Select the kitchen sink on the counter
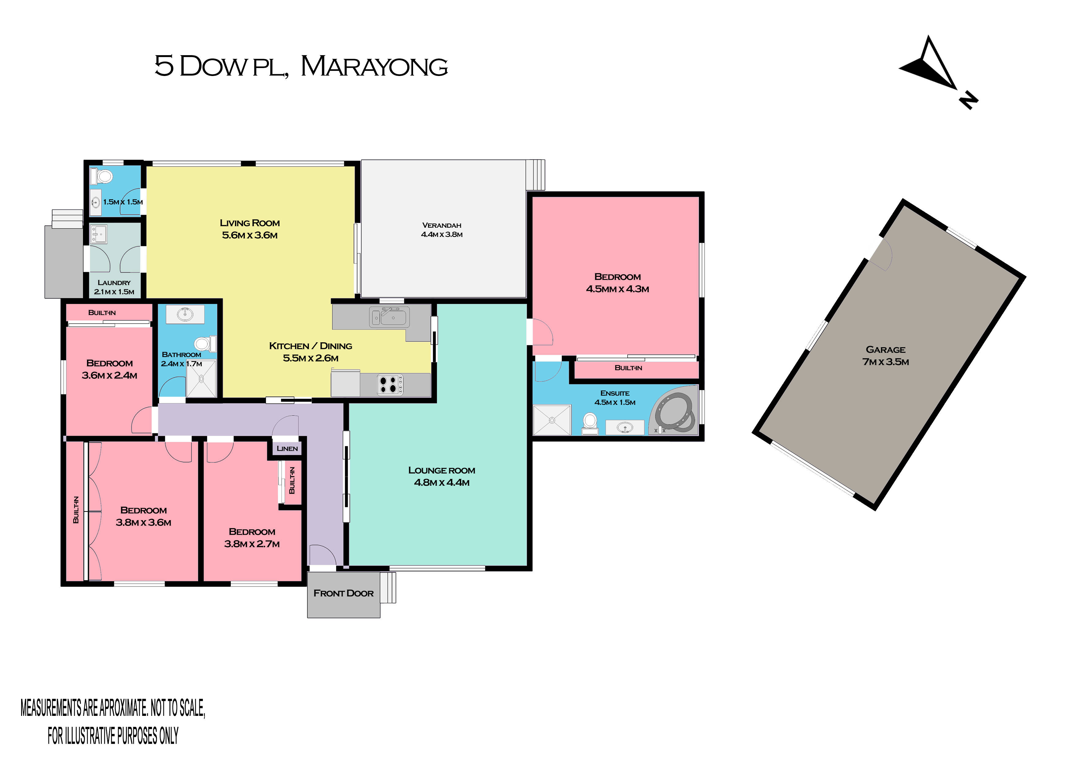(389, 317)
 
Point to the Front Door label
(343, 593)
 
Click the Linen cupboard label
(287, 449)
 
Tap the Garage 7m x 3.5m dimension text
(885, 362)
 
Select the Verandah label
(442, 225)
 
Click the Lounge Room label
(442, 470)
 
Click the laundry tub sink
(98, 234)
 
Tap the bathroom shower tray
(201, 378)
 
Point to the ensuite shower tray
(552, 420)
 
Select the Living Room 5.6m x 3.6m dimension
(249, 235)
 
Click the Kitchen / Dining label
(310, 346)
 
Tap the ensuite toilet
(590, 423)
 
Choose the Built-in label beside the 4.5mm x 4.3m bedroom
(628, 368)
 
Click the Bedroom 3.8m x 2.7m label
(252, 538)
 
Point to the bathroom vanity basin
(185, 314)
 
